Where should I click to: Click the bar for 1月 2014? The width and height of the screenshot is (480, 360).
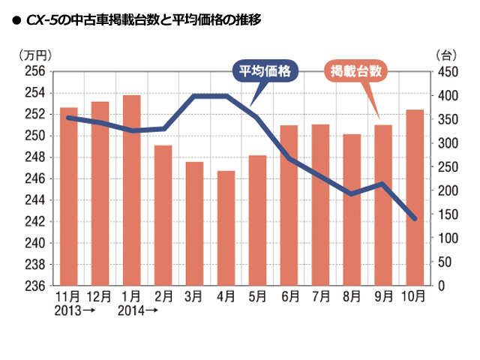point(131,190)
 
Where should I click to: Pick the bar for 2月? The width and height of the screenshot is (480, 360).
point(163,215)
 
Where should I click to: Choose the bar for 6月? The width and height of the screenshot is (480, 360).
point(289,205)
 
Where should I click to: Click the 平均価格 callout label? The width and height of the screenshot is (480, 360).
point(264,71)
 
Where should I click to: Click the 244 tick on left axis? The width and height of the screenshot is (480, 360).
point(35,200)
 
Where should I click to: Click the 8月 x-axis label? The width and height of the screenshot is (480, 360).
point(352,297)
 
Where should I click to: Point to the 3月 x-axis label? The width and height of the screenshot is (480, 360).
point(194,297)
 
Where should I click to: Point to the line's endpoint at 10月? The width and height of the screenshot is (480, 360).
point(415,218)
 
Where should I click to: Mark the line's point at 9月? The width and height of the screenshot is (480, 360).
point(383,184)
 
